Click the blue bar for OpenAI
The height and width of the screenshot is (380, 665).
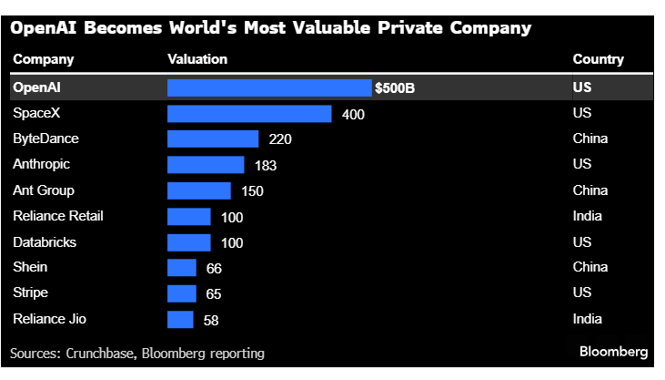269,87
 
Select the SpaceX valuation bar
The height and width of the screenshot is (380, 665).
249,114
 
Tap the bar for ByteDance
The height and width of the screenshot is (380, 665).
213,139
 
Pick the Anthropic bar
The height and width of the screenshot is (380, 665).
206,165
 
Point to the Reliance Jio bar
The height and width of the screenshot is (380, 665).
180,319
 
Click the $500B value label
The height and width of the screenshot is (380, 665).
395,88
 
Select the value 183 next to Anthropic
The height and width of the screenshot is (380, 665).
265,166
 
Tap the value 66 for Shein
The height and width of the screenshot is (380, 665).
214,268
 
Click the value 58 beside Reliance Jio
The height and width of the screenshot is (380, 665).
210,320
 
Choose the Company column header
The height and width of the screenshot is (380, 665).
44,59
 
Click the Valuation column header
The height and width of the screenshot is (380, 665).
197,59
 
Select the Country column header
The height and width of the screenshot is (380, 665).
598,59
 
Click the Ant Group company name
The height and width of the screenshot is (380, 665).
44,190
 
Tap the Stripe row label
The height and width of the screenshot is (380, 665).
30,293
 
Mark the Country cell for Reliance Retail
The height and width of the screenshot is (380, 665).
588,216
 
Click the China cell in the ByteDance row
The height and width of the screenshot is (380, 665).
590,139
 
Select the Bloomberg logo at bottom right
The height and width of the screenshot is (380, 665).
613,351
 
